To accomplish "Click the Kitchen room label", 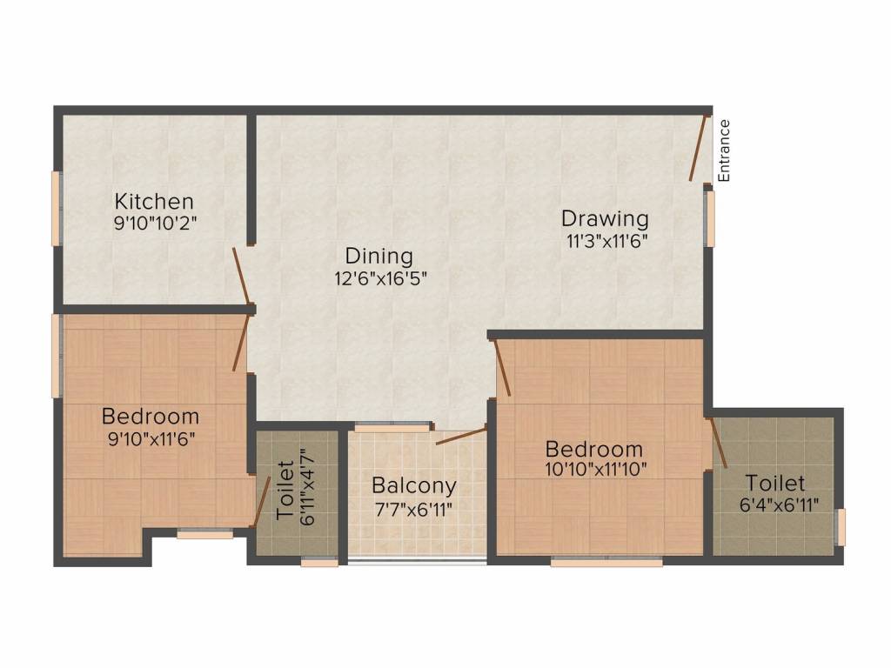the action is (154, 202).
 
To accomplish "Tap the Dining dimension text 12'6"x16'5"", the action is (380, 279).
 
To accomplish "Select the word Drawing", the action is (605, 218).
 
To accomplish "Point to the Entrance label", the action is (723, 150).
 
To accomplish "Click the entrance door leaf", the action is (699, 148).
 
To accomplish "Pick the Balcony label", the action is (413, 486).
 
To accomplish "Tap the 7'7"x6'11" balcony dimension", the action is (413, 510).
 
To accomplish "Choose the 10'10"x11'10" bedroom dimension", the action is (595, 470).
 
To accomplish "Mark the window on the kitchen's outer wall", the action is (57, 209).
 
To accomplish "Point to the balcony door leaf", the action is (461, 436).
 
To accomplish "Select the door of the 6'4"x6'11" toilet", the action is (717, 443).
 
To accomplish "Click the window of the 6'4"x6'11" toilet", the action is (841, 527).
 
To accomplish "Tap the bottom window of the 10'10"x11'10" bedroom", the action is (606, 563).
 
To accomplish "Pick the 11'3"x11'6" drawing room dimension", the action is (606, 242).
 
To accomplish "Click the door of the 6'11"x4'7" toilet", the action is (261, 502).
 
